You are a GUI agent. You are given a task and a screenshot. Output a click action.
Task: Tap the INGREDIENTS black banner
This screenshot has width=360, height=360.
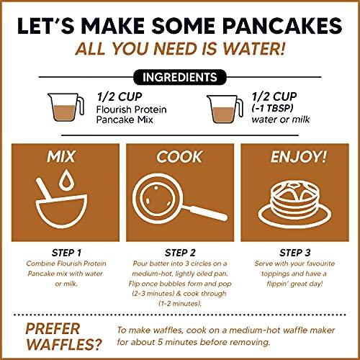click(179, 76)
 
